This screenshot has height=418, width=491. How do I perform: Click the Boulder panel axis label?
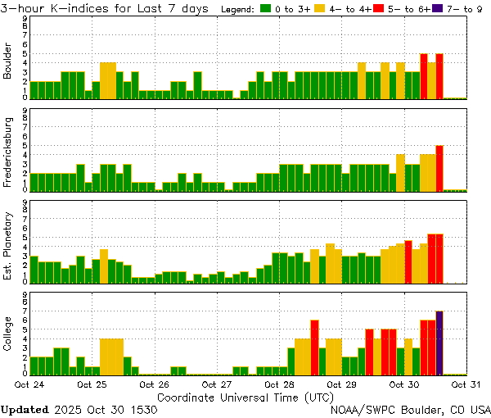[8, 62]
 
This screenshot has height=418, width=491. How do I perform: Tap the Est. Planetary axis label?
[8, 247]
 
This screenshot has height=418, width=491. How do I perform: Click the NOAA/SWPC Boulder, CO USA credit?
[411, 409]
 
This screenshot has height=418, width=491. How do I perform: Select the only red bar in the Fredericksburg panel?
[439, 168]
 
